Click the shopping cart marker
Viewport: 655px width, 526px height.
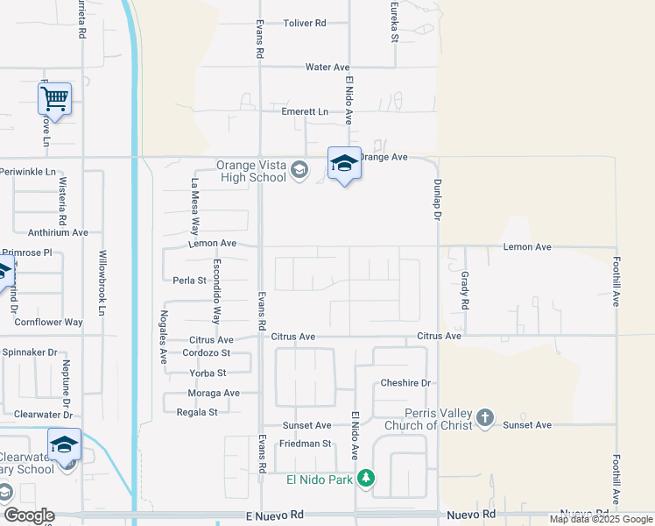(54, 97)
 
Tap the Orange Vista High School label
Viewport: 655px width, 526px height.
(252, 171)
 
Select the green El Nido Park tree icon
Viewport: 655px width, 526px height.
(368, 478)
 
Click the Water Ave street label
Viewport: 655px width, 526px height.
(327, 67)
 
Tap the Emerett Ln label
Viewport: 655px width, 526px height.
(305, 112)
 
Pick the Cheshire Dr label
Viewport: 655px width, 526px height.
(405, 383)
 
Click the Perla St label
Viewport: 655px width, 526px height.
(189, 281)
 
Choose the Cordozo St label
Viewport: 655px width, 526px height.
(206, 353)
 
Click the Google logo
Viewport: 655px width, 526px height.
(29, 515)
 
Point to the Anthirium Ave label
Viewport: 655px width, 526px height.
(58, 232)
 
